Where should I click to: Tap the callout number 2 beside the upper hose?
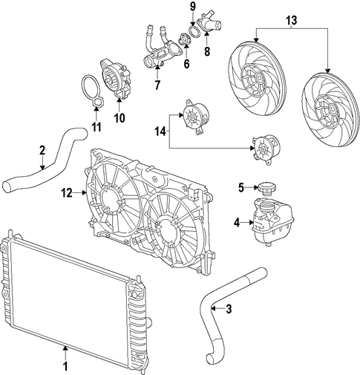click(42, 150)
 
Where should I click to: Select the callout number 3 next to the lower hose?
click(229, 309)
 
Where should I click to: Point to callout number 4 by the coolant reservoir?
click(237, 223)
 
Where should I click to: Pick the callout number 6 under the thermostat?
click(186, 64)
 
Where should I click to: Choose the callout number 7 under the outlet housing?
click(157, 85)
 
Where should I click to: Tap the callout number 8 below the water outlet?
click(207, 51)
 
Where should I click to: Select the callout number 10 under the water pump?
click(120, 118)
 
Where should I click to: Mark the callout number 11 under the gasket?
click(96, 127)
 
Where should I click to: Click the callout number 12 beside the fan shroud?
click(67, 192)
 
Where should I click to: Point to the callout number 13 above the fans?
click(292, 20)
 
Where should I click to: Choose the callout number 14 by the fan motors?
click(160, 131)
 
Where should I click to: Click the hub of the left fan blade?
click(259, 79)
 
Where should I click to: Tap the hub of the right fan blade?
click(332, 109)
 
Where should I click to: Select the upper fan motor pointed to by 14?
click(194, 117)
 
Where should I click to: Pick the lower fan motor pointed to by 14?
click(266, 149)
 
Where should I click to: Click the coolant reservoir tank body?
click(272, 221)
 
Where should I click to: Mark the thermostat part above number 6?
click(186, 39)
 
